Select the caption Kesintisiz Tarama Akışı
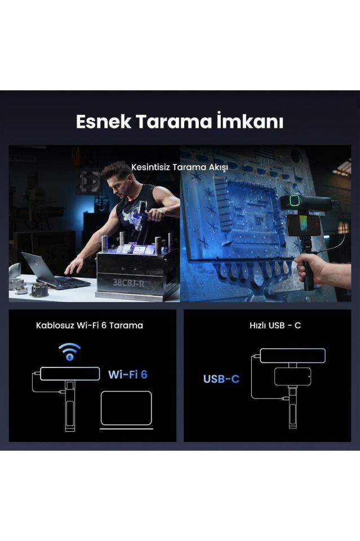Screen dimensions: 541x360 point(179,167)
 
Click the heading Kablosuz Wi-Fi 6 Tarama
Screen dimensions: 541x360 point(90,325)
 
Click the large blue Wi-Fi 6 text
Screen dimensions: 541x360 point(127,374)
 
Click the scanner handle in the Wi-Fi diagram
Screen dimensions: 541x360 point(70,406)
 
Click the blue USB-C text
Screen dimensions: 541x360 point(221,379)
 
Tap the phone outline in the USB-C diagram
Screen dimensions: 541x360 point(292,376)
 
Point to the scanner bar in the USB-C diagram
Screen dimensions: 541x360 point(292,355)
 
